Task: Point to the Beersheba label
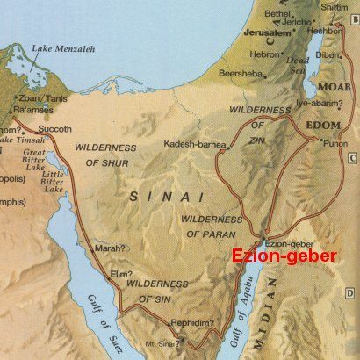[241, 73]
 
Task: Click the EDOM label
[324, 126]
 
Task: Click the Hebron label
[266, 53]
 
